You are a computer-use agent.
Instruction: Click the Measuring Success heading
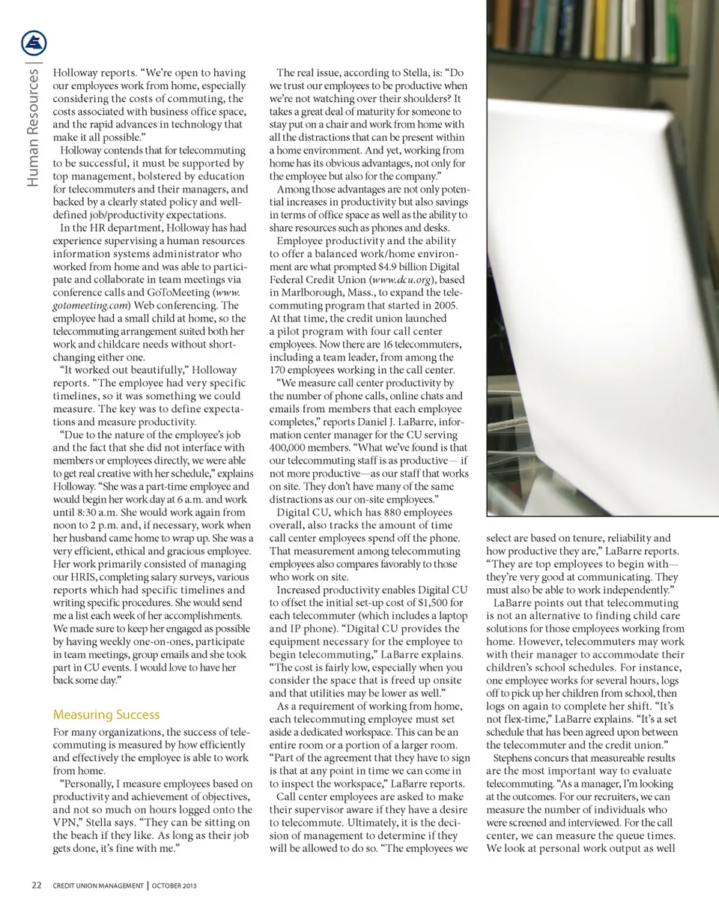click(106, 714)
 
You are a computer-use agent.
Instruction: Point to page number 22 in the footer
click(36, 886)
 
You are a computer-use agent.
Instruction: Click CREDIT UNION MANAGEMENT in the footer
click(97, 886)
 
